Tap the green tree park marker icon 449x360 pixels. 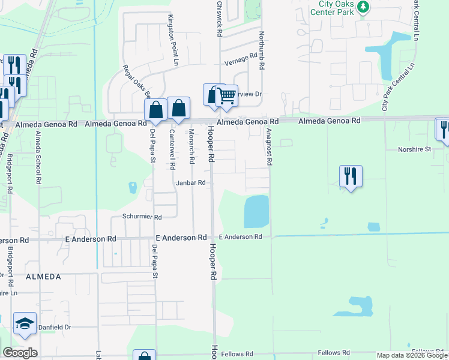tap(363, 7)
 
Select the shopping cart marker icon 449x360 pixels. tap(226, 95)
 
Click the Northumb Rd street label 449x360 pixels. tap(262, 50)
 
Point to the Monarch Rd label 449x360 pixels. tap(191, 146)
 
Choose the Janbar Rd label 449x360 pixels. tap(191, 183)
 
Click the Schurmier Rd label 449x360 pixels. tap(142, 217)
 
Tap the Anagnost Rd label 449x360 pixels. tap(270, 147)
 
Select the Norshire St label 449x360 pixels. tap(416, 149)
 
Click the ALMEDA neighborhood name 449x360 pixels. tap(43, 277)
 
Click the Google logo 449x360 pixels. tap(20, 353)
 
